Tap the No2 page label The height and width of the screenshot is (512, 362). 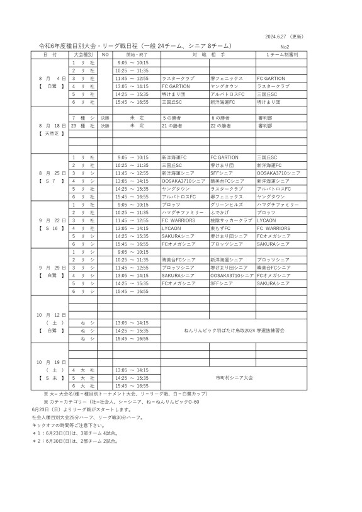coord(285,47)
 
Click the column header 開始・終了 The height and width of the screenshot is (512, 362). coord(132,55)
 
